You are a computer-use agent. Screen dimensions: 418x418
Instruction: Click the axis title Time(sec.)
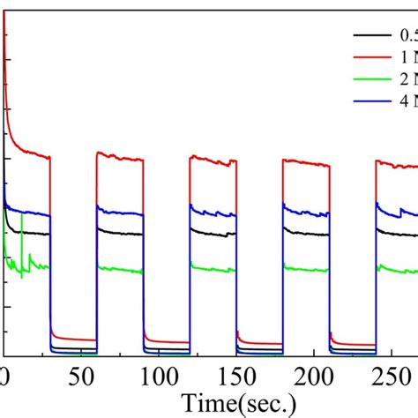[x=237, y=404]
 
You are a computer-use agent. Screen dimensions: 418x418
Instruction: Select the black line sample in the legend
[x=368, y=35]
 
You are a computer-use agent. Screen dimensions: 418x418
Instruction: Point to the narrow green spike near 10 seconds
[x=21, y=247]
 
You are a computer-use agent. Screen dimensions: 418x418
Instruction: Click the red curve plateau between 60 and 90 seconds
[x=120, y=158]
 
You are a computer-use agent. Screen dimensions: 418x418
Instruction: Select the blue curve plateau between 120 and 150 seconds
[x=213, y=213]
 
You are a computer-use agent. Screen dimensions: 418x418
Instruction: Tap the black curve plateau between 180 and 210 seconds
[x=305, y=234]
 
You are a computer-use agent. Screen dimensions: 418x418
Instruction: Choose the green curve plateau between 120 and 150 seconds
[x=213, y=269]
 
